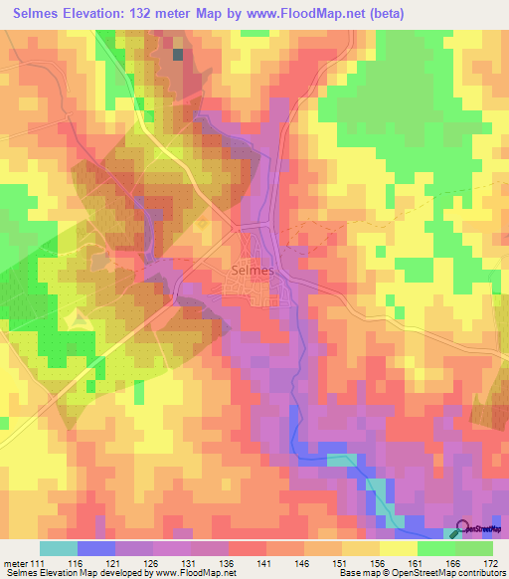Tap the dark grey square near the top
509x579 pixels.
tap(179, 55)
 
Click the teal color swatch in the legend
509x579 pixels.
tap(59, 548)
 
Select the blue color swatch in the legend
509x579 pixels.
tap(96, 548)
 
